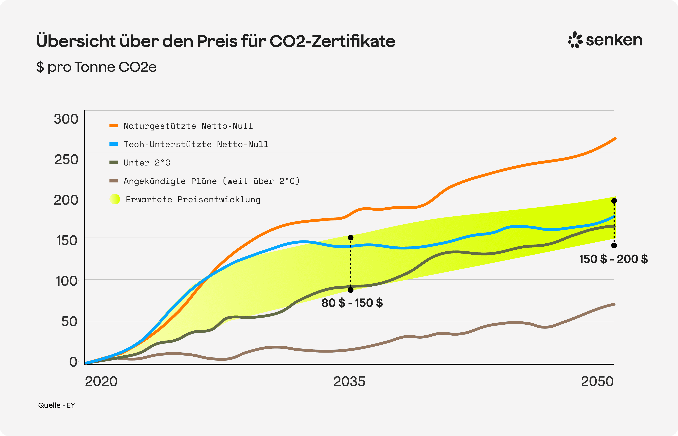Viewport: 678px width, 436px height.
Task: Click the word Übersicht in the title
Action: (x=76, y=41)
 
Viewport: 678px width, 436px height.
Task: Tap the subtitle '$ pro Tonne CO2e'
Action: (x=96, y=67)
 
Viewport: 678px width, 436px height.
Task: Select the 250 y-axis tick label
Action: (x=66, y=159)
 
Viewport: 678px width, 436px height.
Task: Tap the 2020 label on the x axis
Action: (x=101, y=381)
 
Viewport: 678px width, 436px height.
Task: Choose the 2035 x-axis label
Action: (x=349, y=381)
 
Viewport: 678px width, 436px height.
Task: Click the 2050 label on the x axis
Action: (x=597, y=381)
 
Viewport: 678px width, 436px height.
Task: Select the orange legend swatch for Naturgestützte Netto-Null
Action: (x=114, y=125)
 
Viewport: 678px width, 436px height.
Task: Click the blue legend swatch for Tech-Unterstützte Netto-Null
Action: (x=114, y=144)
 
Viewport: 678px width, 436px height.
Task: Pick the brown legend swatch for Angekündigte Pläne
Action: (x=114, y=181)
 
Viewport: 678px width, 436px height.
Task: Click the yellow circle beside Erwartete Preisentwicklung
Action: (x=115, y=199)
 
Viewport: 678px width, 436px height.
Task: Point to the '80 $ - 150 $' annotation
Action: (x=352, y=303)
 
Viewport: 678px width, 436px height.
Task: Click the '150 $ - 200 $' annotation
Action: (x=613, y=259)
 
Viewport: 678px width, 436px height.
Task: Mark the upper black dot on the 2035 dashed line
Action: (x=351, y=237)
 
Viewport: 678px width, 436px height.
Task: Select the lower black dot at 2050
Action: (x=614, y=245)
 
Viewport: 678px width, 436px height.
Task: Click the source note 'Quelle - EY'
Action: (x=56, y=405)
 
